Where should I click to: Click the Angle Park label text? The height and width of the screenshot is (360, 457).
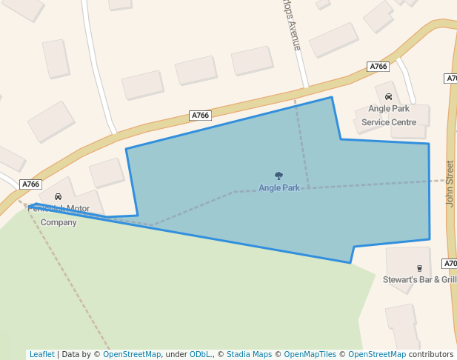[x=279, y=188]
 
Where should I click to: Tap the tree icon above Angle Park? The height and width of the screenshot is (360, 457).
[x=279, y=176]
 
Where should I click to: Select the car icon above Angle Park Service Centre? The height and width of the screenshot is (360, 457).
[x=388, y=97]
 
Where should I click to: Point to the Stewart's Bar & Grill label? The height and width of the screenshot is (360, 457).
[x=419, y=280]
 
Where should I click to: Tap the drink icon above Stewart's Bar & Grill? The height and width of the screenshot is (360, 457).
[x=419, y=268]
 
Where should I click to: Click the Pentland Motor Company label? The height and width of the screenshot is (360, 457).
[x=58, y=216]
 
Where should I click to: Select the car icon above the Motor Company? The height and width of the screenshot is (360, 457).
[x=58, y=197]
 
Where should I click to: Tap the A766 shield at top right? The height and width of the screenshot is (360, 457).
[x=378, y=67]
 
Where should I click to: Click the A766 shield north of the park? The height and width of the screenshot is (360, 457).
[x=200, y=116]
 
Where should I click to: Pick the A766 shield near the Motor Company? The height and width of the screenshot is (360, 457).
[x=30, y=184]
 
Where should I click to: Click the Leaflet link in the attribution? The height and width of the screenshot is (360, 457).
[x=41, y=355]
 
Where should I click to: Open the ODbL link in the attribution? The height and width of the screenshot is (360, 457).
[x=199, y=355]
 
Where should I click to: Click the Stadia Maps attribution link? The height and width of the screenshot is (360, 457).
[x=249, y=355]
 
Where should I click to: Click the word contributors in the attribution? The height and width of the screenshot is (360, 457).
[x=430, y=355]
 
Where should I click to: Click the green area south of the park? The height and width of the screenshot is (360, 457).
[x=185, y=296]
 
